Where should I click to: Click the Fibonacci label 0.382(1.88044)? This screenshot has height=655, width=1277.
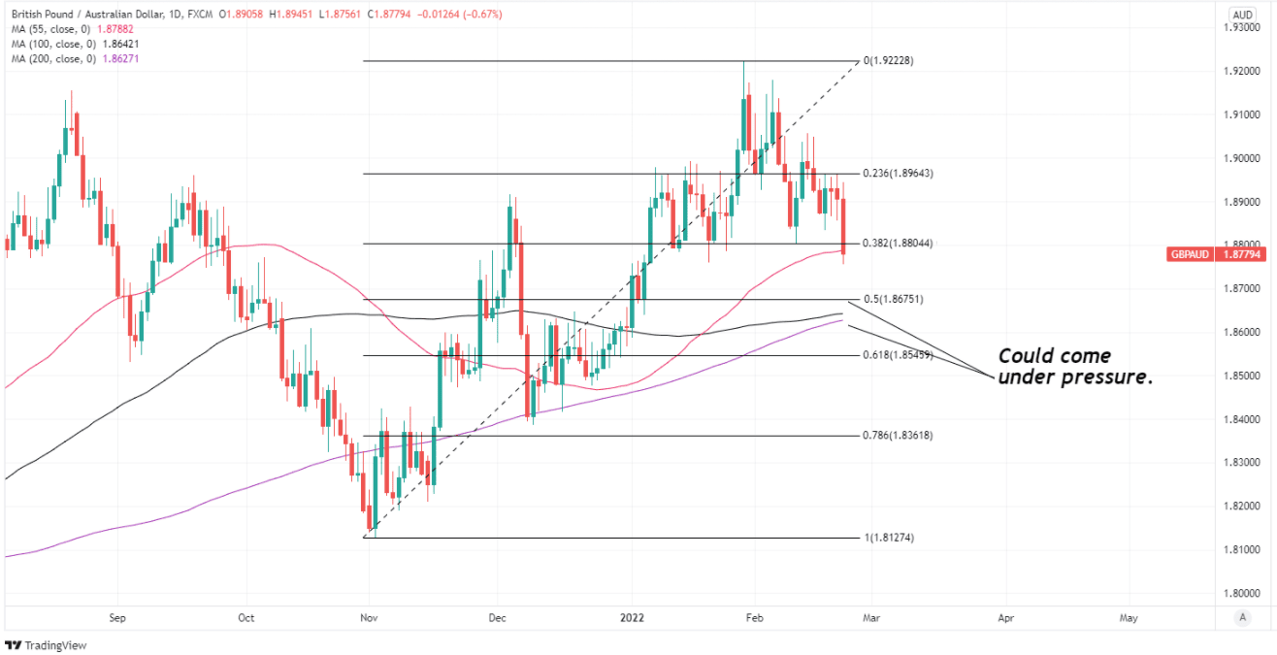pos(898,244)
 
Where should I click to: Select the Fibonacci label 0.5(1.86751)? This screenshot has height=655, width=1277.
pos(892,300)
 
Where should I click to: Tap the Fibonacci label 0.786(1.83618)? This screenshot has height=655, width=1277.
pos(898,436)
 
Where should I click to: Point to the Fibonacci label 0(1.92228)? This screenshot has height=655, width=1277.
pos(888,61)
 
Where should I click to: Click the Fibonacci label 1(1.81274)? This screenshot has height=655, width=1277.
pos(888,538)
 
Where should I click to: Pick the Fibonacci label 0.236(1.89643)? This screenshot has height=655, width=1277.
pos(898,174)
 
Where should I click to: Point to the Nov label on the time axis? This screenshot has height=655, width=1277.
pos(369,616)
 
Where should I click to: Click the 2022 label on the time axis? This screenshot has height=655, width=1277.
pos(632,616)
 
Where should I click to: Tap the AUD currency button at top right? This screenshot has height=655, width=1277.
pos(1242,15)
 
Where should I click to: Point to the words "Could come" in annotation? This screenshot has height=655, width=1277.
pos(1054,356)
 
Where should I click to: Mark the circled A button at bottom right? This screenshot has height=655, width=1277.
pos(1242,617)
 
